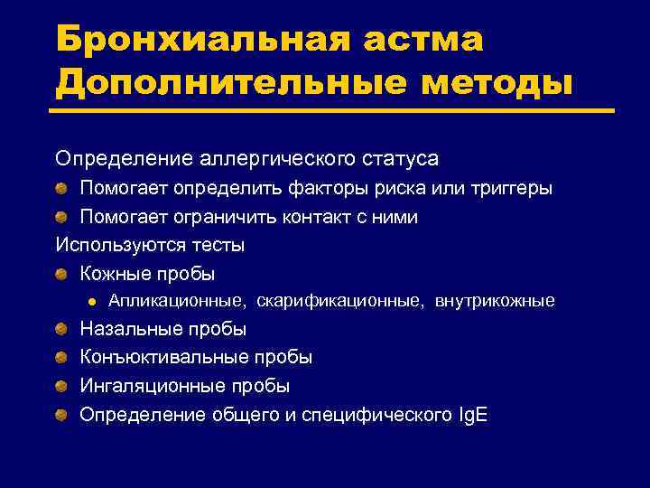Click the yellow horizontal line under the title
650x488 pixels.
coord(334,111)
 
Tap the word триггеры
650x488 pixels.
coord(507,189)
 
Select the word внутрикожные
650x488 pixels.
coord(495,301)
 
